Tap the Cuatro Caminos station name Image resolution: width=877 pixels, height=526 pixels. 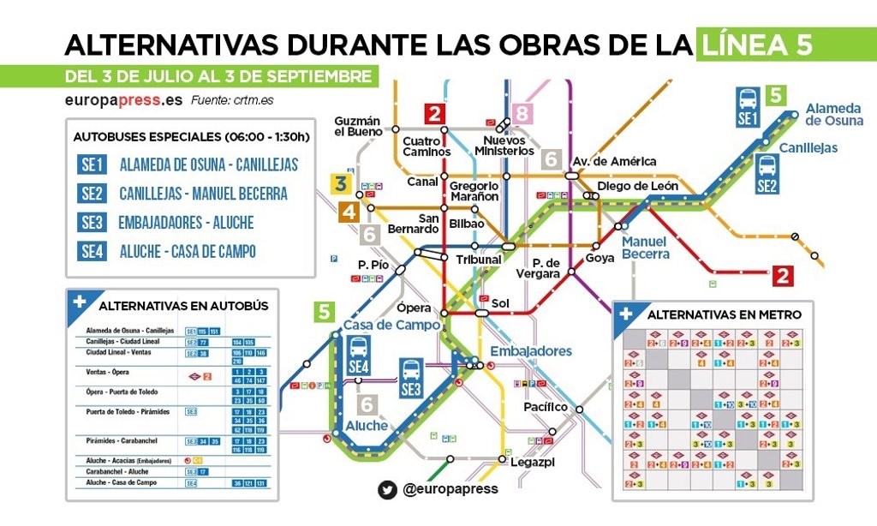click(426, 146)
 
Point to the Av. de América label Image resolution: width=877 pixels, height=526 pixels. click(614, 161)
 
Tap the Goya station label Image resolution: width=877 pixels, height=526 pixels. click(600, 258)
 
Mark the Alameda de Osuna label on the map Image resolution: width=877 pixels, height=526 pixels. click(832, 114)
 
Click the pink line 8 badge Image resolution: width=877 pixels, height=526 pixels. click(522, 113)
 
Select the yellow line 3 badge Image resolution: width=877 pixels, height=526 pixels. click(341, 183)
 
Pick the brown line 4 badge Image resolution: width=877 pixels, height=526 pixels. click(349, 212)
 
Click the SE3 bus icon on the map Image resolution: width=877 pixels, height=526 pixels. click(411, 378)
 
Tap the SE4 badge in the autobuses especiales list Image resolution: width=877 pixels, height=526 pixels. click(92, 251)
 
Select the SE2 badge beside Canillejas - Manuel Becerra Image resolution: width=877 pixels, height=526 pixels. click(92, 193)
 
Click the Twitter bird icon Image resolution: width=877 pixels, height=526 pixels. click(387, 489)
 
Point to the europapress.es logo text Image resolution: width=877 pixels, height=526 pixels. click(124, 99)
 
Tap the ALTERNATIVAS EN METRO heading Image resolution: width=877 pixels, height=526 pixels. click(724, 314)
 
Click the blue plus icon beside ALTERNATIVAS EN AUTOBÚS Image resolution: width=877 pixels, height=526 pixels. click(80, 302)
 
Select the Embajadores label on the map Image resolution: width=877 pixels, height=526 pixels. click(530, 351)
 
